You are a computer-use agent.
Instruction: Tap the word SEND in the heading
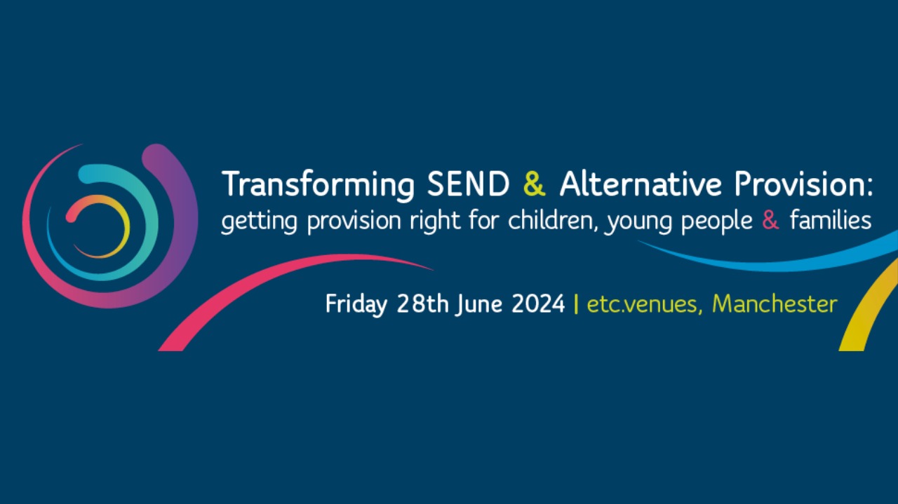tap(468, 184)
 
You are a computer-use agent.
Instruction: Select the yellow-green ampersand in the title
tap(535, 184)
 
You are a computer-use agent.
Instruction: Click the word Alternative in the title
tap(641, 184)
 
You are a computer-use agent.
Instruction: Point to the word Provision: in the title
tap(803, 184)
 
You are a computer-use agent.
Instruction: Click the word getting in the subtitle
tap(260, 222)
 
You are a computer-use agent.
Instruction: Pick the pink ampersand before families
tap(770, 220)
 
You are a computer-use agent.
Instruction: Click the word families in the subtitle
tap(831, 220)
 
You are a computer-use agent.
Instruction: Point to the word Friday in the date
tap(356, 304)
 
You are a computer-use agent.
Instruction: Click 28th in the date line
tap(422, 304)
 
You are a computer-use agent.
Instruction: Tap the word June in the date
tap(478, 304)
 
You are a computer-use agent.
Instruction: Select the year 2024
tap(538, 304)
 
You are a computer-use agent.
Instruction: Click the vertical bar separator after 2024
tap(576, 304)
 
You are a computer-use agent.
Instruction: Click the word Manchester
tap(775, 304)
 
